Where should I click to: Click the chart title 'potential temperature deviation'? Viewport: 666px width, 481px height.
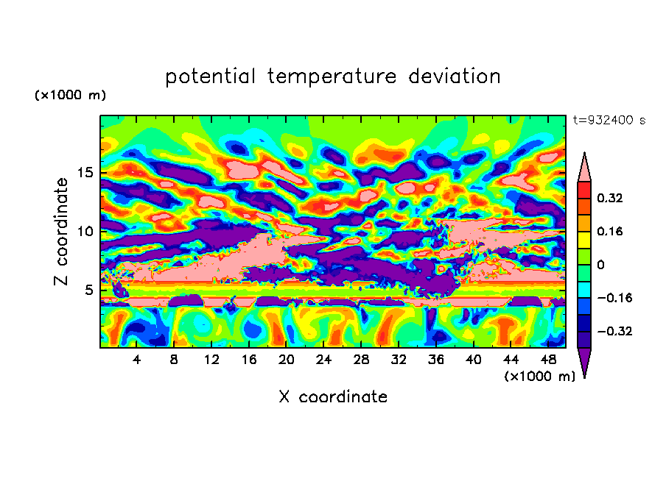(333, 76)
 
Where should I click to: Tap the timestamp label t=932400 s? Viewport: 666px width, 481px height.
(609, 120)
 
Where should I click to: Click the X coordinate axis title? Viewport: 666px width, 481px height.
(333, 396)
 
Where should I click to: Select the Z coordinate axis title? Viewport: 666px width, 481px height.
(61, 232)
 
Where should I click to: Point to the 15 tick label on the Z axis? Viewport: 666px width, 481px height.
(85, 173)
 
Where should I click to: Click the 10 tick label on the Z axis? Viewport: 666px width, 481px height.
(85, 232)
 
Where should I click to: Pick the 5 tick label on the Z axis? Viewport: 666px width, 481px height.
(88, 290)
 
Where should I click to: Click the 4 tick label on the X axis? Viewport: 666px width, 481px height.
(136, 360)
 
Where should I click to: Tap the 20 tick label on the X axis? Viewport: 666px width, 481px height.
(287, 360)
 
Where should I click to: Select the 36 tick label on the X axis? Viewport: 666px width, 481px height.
(436, 360)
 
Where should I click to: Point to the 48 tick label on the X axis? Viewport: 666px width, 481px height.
(548, 360)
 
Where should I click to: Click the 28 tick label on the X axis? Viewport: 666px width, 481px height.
(361, 360)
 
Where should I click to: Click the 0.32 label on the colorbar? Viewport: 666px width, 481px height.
(609, 198)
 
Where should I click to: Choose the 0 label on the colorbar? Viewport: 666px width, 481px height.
(600, 265)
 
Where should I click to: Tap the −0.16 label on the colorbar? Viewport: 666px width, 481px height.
(614, 298)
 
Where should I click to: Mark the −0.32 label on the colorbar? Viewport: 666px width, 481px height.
(614, 331)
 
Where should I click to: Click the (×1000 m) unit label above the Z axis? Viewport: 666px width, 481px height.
(70, 95)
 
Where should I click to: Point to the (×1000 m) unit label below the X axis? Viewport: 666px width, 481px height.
(539, 377)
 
